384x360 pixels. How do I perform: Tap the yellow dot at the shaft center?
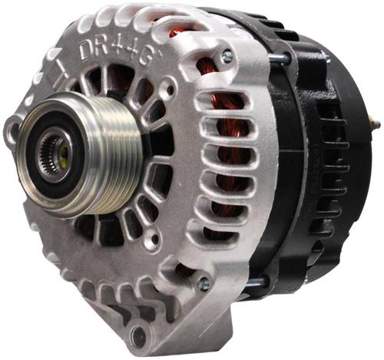point(64,151)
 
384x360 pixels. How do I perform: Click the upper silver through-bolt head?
point(227,57)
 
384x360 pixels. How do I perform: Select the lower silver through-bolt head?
point(204,285)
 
